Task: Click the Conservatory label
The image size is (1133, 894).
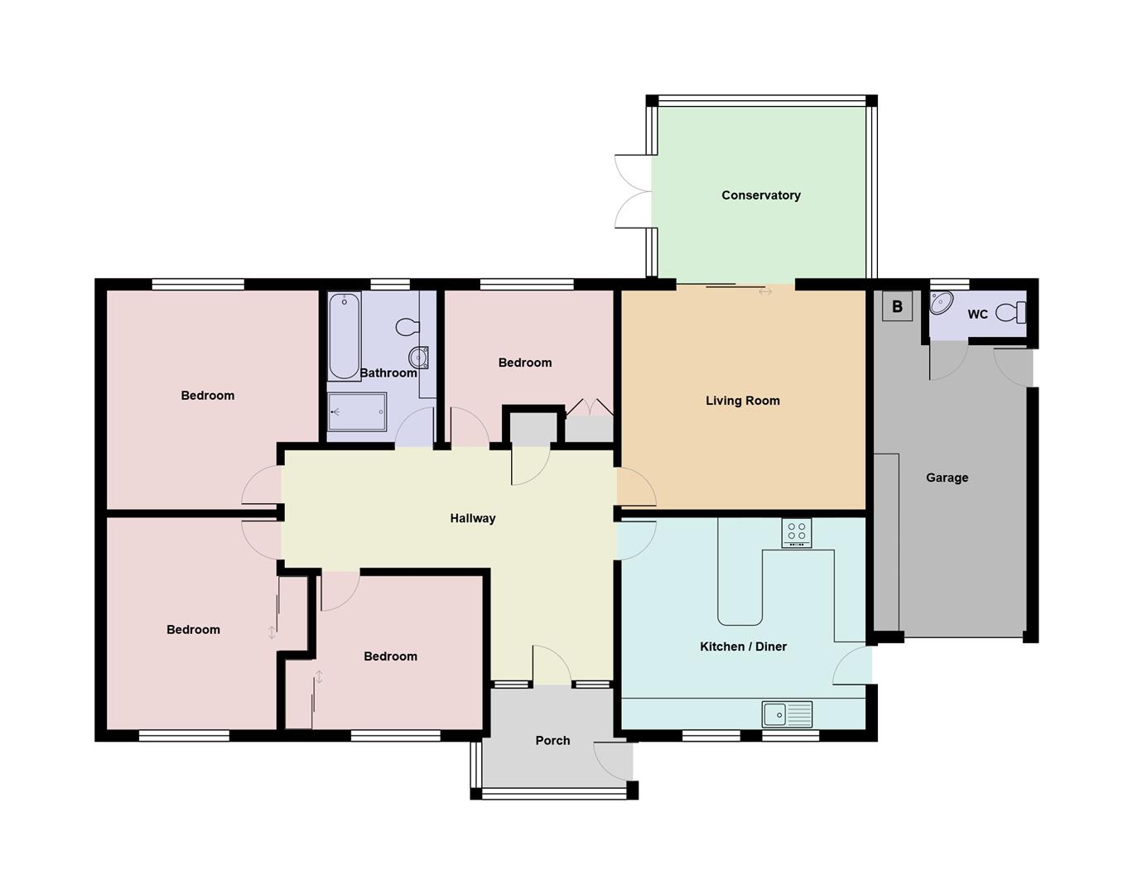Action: click(760, 195)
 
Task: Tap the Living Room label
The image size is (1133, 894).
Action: click(742, 401)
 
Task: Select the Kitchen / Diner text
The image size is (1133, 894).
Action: click(743, 646)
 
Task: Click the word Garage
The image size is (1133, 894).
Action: click(947, 478)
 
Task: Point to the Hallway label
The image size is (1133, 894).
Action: click(472, 518)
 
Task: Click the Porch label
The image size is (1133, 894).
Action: click(552, 741)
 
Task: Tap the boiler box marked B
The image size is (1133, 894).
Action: click(897, 307)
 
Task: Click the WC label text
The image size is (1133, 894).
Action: click(977, 315)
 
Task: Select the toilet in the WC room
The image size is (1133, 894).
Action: click(1010, 313)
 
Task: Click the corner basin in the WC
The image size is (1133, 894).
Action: click(941, 303)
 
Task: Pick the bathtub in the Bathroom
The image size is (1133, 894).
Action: click(344, 335)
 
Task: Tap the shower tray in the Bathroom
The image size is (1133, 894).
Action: click(357, 411)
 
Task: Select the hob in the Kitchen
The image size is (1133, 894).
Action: click(797, 532)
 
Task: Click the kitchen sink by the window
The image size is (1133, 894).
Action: click(787, 714)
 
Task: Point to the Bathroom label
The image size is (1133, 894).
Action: click(388, 373)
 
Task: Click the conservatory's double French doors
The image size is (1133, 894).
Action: click(634, 191)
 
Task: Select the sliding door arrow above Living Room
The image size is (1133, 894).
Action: click(764, 291)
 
